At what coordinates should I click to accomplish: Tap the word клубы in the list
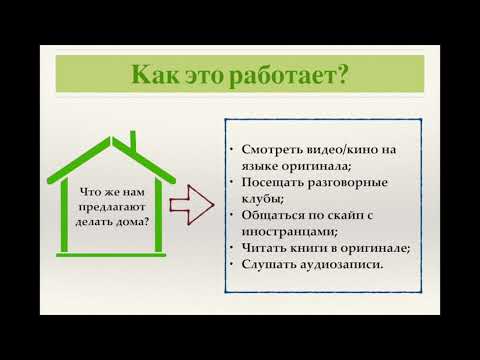tap(262, 199)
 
